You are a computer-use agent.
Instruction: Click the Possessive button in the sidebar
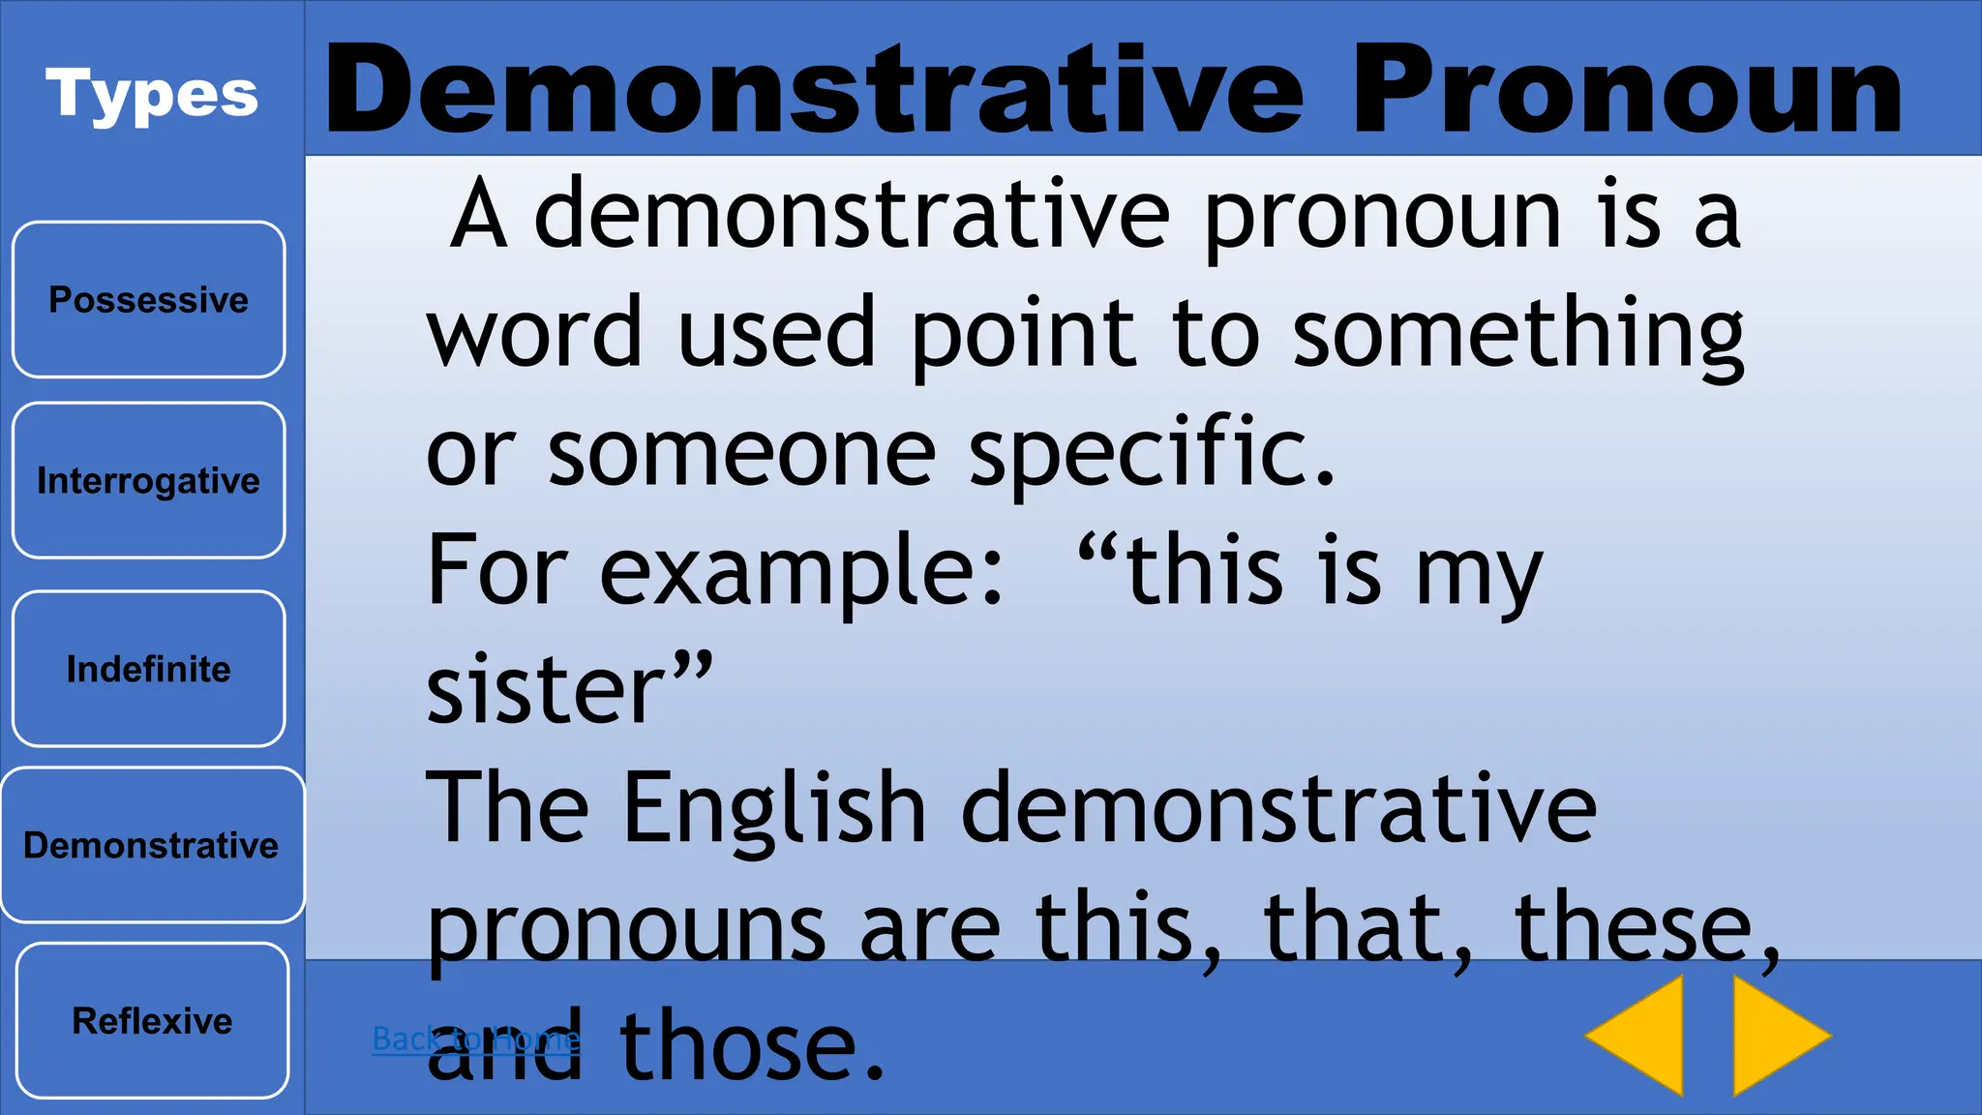pos(149,300)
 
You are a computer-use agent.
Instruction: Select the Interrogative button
pos(149,480)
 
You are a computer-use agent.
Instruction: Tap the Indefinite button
pos(149,669)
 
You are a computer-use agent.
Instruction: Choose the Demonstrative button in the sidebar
pos(152,845)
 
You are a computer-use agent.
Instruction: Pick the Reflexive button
pos(153,1021)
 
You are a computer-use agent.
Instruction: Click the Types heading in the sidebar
pos(152,95)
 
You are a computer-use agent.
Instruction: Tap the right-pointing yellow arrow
pos(1779,1036)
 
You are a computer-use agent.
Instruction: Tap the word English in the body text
pos(775,807)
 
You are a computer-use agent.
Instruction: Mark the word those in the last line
pos(752,1045)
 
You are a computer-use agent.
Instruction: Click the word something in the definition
pos(1518,334)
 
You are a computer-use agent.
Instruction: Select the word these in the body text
pos(1635,926)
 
